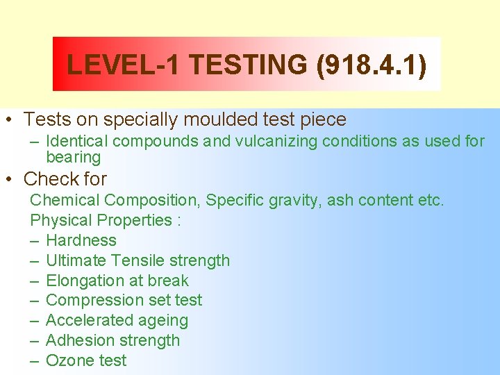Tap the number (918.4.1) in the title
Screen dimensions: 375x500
click(371, 65)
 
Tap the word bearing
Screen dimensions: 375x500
click(73, 158)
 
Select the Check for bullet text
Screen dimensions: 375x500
click(65, 179)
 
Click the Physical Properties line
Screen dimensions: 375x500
click(106, 220)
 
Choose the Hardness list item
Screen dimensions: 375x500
click(81, 240)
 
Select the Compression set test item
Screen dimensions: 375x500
click(124, 300)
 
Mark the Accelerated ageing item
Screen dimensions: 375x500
click(117, 320)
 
